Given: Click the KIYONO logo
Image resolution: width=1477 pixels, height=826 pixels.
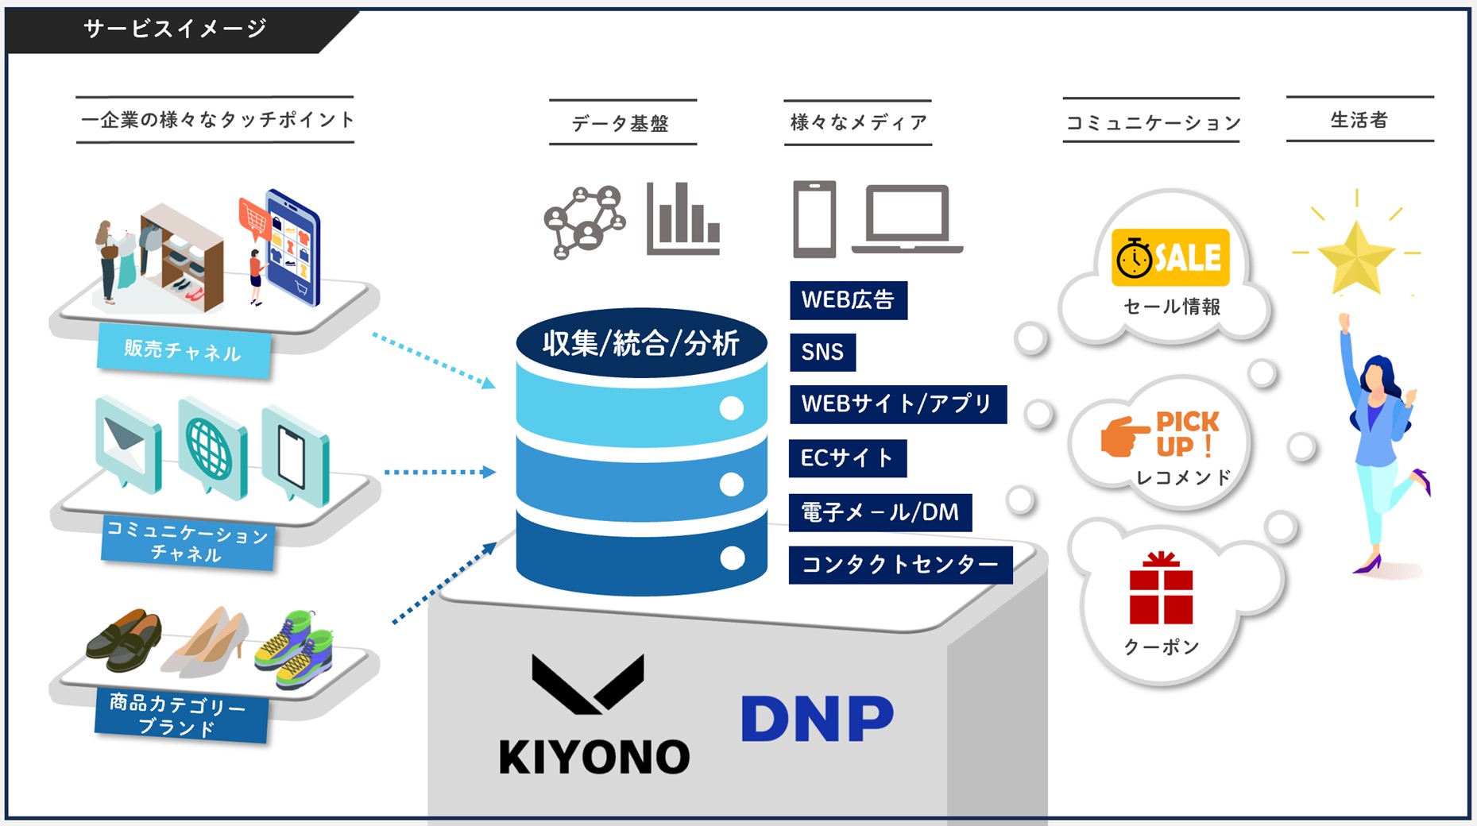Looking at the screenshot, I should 594,715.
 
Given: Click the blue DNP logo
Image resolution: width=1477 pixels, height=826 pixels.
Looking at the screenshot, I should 817,719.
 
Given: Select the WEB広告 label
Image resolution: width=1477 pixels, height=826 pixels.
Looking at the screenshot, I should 848,300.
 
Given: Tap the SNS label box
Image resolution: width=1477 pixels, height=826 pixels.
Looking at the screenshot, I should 822,352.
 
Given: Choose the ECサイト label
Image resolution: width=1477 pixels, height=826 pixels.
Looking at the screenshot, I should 847,458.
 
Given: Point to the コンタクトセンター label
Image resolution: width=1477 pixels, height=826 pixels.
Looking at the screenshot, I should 900,565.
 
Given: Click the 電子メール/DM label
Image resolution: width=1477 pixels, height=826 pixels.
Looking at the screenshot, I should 880,512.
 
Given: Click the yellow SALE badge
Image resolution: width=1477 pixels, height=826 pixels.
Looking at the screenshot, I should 1170,257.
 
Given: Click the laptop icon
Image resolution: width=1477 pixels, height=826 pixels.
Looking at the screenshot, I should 907,219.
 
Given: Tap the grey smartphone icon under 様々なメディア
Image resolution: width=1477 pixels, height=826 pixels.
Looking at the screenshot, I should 814,219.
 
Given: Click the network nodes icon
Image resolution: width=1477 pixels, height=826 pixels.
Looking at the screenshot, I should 584,222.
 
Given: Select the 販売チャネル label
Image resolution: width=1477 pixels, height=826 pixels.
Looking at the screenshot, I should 183,350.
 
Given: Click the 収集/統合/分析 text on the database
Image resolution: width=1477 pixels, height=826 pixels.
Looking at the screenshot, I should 641,344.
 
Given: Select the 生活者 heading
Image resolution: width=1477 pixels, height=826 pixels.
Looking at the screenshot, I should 1359,120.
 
